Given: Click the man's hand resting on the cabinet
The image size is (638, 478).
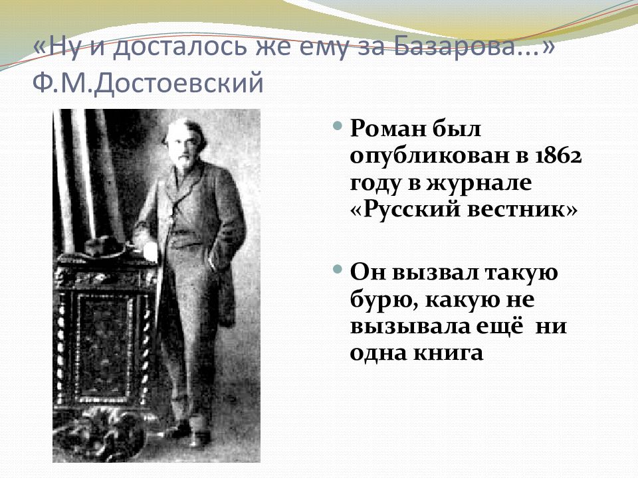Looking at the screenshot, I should pyautogui.click(x=150, y=250).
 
